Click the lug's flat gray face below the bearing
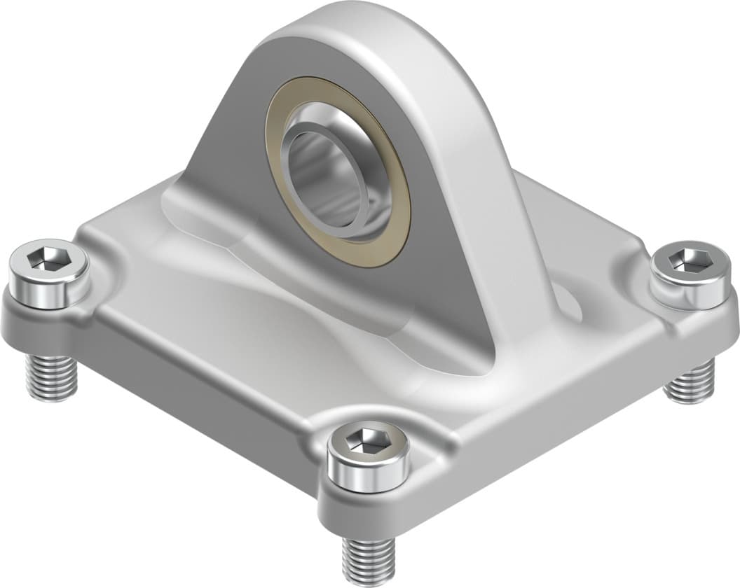pos(392,301)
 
